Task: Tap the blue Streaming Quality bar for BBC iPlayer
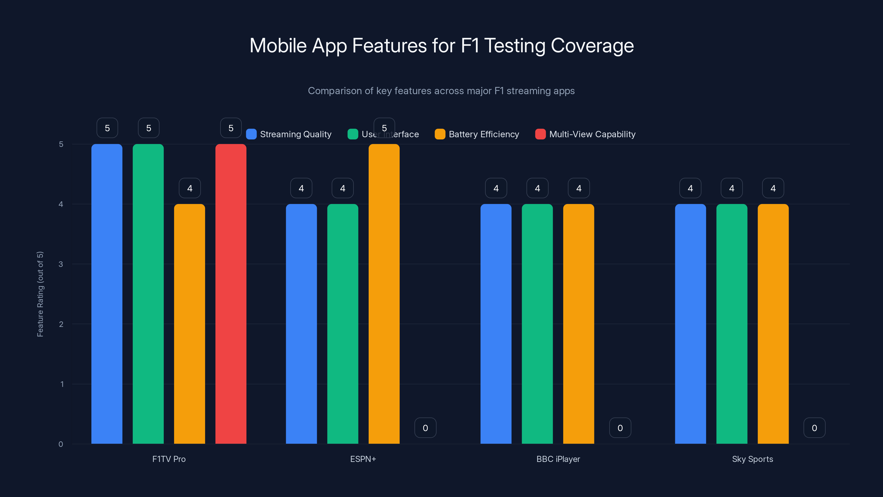tap(496, 324)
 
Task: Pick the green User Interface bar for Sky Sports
tap(732, 324)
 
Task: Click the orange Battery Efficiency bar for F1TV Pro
tap(189, 324)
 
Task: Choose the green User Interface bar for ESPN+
tap(342, 324)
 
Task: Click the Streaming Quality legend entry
tap(289, 134)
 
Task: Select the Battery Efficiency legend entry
tap(477, 134)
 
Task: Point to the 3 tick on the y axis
tap(61, 264)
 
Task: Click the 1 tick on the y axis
tap(62, 384)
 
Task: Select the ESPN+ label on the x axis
tap(363, 459)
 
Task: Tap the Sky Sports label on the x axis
tap(752, 459)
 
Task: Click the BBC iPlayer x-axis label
tap(558, 459)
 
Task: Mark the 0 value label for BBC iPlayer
tap(620, 428)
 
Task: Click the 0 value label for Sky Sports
tap(814, 428)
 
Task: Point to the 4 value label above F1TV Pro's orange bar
tap(190, 188)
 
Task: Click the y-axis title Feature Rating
tap(40, 294)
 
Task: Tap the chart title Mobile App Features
tap(441, 46)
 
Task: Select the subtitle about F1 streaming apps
tap(441, 91)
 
